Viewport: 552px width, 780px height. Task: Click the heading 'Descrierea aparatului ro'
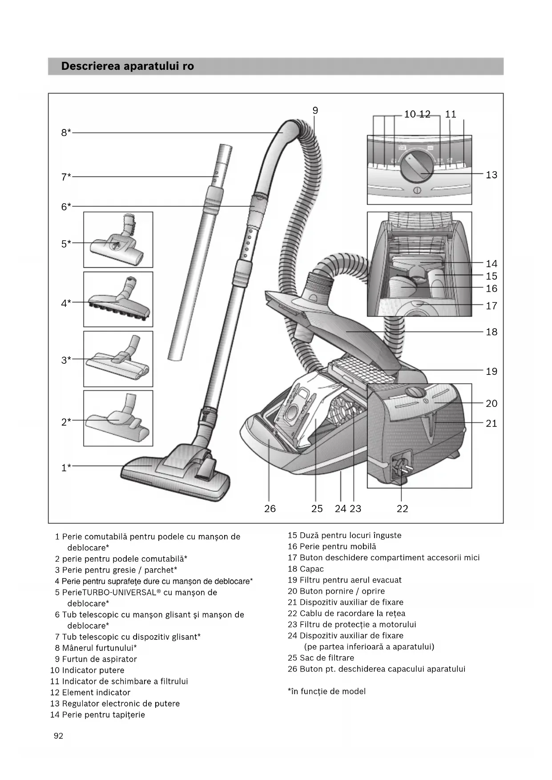tap(127, 66)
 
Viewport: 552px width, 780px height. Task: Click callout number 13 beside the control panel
tap(491, 175)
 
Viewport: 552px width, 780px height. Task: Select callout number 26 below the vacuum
tap(270, 509)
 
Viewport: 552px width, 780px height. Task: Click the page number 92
tap(58, 736)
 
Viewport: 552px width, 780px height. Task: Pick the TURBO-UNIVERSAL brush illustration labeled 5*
tap(118, 240)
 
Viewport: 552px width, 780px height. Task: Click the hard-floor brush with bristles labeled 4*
tap(118, 299)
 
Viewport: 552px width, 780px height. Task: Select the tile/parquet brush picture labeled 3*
tap(118, 359)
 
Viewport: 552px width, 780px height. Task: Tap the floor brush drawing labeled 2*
tap(118, 418)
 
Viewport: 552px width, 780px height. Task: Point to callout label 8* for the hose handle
tap(66, 133)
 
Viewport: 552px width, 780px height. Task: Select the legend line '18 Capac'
tap(306, 569)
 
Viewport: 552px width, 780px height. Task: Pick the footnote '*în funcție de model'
tap(326, 691)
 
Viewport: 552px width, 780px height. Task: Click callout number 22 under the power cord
tap(402, 509)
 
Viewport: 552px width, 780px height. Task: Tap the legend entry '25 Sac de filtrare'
tap(321, 658)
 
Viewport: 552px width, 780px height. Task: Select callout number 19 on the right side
tap(491, 371)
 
